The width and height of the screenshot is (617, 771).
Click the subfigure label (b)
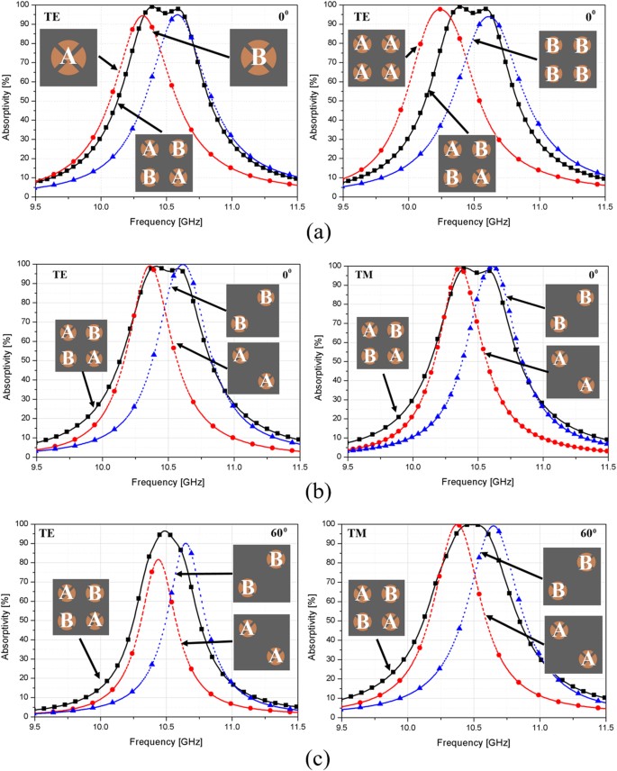[307, 492]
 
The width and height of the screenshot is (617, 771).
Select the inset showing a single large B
[258, 58]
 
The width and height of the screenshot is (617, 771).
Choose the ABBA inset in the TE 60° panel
[81, 608]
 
